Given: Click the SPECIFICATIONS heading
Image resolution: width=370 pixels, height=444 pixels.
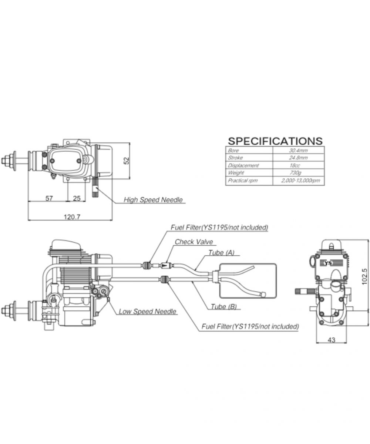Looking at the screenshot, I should pyautogui.click(x=275, y=141).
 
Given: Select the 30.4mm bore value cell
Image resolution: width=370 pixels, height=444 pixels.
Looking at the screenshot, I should pyautogui.click(x=298, y=150).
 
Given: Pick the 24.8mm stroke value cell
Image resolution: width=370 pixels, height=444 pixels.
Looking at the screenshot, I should pyautogui.click(x=298, y=158).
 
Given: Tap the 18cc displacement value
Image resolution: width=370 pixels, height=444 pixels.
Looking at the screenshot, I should pyautogui.click(x=298, y=165).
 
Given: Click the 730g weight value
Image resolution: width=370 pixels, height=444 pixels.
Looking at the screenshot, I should pyautogui.click(x=298, y=173).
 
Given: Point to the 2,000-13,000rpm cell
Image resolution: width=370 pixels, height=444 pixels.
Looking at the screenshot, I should pyautogui.click(x=300, y=181).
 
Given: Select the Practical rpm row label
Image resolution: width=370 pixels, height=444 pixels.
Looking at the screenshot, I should pyautogui.click(x=242, y=181).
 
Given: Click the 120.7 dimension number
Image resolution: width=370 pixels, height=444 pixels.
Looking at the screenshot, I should pyautogui.click(x=72, y=217).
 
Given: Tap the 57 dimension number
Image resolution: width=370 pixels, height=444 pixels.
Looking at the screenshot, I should pyautogui.click(x=49, y=198).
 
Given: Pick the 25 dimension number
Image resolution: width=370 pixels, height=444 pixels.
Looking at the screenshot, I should pyautogui.click(x=77, y=198).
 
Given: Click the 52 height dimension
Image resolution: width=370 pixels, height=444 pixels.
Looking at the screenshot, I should pyautogui.click(x=126, y=161).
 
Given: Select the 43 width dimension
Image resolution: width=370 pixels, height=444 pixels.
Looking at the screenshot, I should pyautogui.click(x=332, y=340).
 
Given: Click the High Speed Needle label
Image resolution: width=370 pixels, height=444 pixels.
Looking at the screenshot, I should pyautogui.click(x=153, y=200).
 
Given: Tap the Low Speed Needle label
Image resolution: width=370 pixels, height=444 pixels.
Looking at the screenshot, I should pyautogui.click(x=147, y=312).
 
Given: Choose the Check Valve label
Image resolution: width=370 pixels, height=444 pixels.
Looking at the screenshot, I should pyautogui.click(x=194, y=242).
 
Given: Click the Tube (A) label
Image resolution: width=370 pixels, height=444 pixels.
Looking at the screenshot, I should pyautogui.click(x=221, y=253).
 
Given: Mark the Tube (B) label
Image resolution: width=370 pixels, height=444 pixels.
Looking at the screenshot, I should pyautogui.click(x=223, y=306).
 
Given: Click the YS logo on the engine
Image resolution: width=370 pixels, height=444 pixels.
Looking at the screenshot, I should pyautogui.click(x=327, y=263).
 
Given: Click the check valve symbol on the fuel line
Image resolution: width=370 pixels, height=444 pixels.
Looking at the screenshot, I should pyautogui.click(x=165, y=265).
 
